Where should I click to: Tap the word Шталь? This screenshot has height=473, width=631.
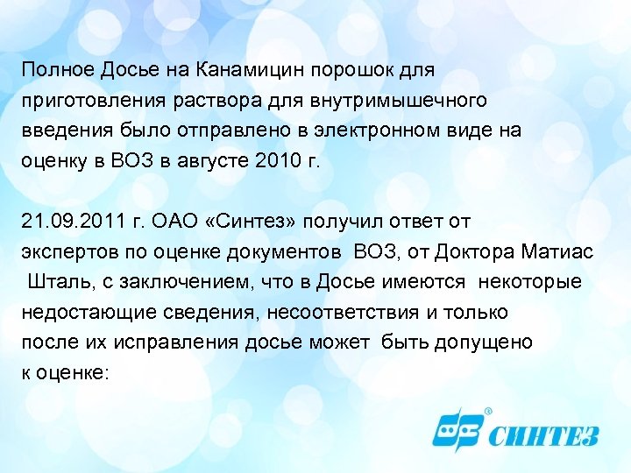click(x=56, y=283)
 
